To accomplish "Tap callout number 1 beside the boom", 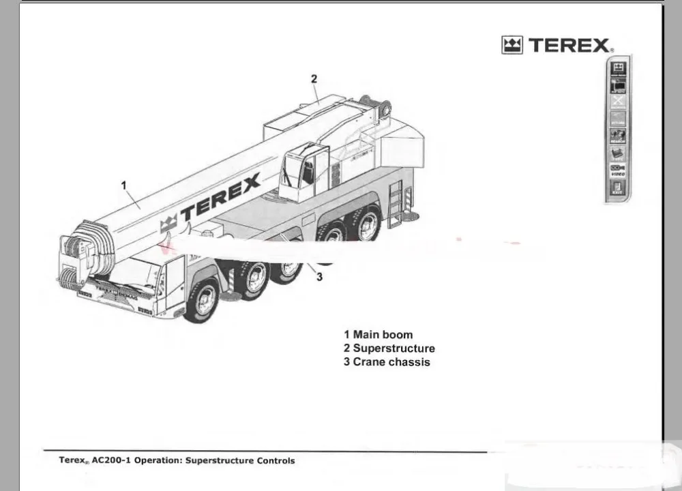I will pyautogui.click(x=124, y=185).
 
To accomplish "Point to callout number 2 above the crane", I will pyautogui.click(x=314, y=78).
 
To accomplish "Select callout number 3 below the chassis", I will pyautogui.click(x=319, y=276).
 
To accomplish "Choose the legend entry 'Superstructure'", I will pyautogui.click(x=394, y=348).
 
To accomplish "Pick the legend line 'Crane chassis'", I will pyautogui.click(x=391, y=362).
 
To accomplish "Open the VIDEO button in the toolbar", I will pyautogui.click(x=618, y=170).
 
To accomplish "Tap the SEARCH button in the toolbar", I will pyautogui.click(x=618, y=136).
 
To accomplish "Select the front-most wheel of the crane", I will pyautogui.click(x=203, y=299).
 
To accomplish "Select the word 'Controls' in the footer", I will pyautogui.click(x=276, y=461).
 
